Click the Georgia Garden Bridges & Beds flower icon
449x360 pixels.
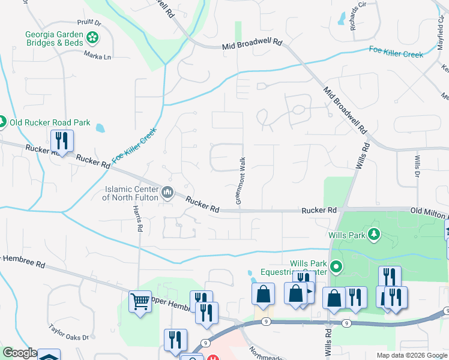(x=92, y=38)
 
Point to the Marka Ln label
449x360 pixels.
(x=98, y=57)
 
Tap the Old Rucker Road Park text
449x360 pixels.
(x=50, y=123)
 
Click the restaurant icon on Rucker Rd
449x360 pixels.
(x=62, y=141)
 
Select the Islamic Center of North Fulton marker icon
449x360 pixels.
(x=167, y=193)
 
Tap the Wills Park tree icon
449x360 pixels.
(x=374, y=233)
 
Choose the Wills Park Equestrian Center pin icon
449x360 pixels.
(x=337, y=267)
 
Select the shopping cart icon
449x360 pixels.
(x=140, y=302)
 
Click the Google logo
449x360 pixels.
(x=20, y=353)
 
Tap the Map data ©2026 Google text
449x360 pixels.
(x=411, y=355)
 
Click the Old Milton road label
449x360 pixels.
(x=429, y=211)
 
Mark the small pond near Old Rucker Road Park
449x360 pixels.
(x=100, y=128)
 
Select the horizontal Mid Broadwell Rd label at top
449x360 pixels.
(x=252, y=44)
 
